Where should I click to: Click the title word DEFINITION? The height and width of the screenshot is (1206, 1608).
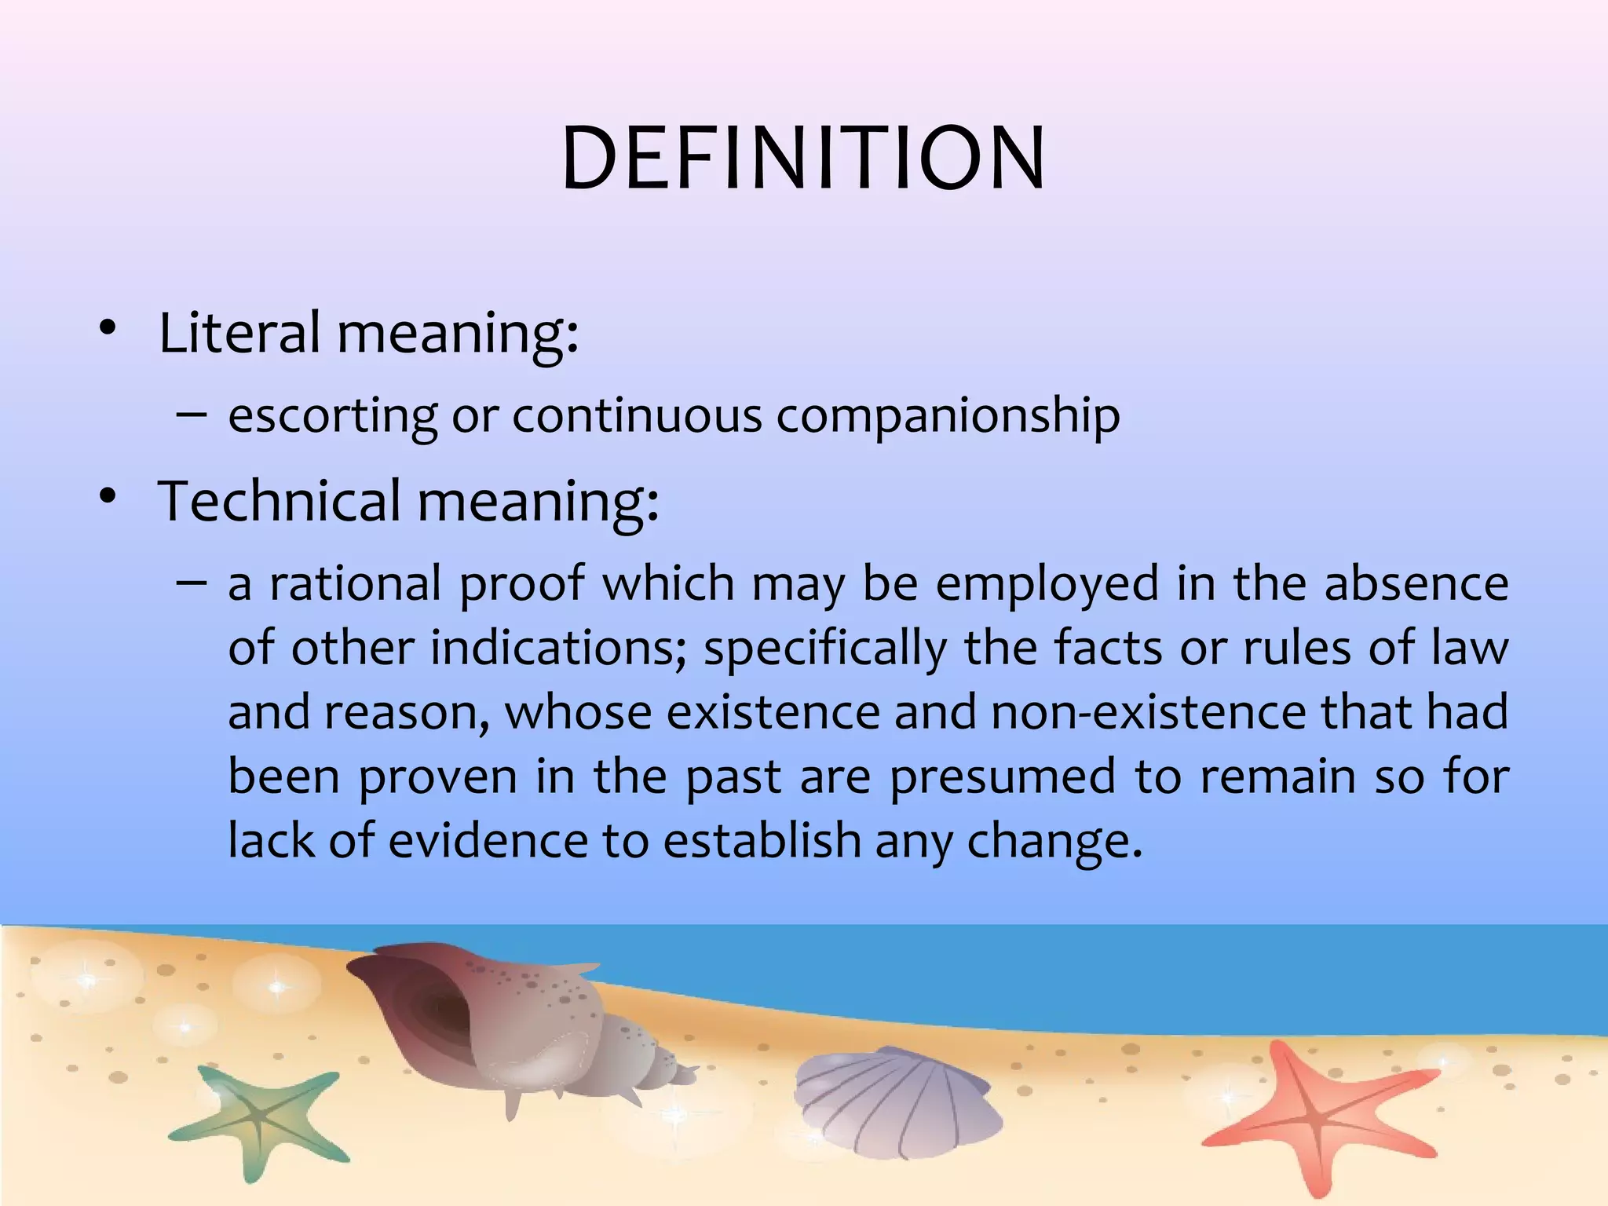pos(803,159)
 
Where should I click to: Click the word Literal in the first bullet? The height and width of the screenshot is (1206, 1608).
pos(239,332)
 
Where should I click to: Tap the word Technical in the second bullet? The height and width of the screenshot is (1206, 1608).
pos(280,501)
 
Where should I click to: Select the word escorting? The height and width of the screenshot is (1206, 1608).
pos(333,415)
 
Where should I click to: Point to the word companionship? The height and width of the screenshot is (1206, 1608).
pos(948,416)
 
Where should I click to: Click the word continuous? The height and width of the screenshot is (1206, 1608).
pos(637,415)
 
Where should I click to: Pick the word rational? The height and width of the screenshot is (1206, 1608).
pos(356,585)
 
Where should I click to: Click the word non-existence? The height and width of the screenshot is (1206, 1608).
pos(1149,713)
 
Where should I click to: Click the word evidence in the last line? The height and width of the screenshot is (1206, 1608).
pos(488,841)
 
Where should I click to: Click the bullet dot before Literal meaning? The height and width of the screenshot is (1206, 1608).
pos(108,330)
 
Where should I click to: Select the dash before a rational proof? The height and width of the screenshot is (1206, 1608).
pos(192,583)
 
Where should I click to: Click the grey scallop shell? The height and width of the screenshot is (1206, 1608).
pos(895,1099)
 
